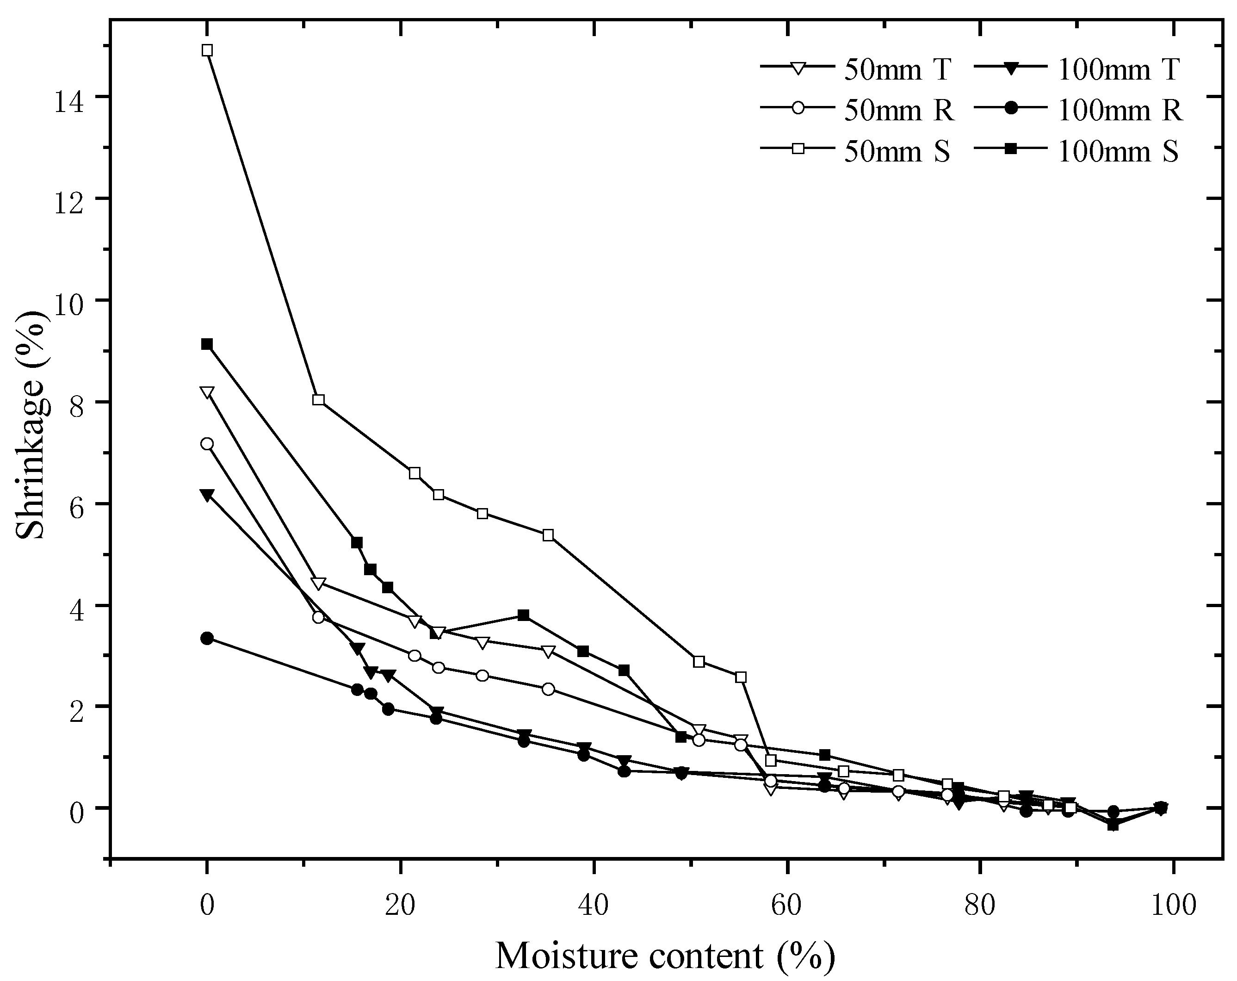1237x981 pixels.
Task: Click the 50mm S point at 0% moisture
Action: [x=207, y=50]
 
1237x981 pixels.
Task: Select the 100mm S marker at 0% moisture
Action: [x=207, y=344]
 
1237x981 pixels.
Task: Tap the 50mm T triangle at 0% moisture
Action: [x=207, y=392]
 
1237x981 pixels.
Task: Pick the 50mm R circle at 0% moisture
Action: [x=207, y=444]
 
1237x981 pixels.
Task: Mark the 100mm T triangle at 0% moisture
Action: [x=207, y=495]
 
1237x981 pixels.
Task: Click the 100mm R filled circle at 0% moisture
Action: [x=207, y=638]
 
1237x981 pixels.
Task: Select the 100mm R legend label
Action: [x=1119, y=111]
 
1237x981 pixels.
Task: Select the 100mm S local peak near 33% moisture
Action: [x=523, y=615]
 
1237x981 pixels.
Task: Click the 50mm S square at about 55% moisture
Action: [x=741, y=677]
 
